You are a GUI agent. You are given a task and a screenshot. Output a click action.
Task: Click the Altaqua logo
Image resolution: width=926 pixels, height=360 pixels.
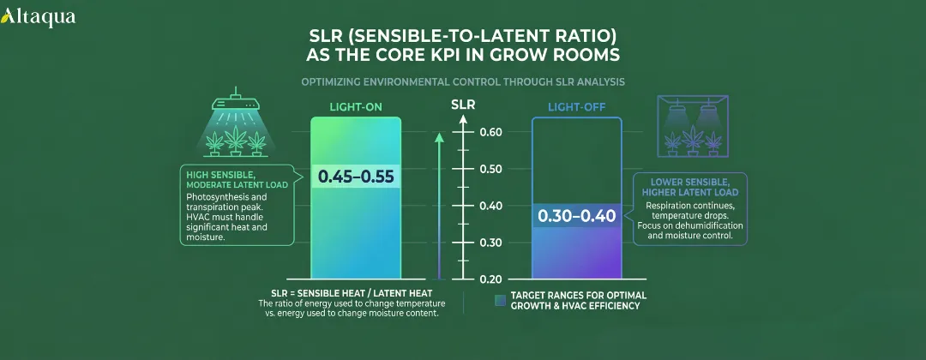pyautogui.click(x=39, y=16)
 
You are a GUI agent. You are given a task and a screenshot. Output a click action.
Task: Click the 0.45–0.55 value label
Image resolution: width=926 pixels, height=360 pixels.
pyautogui.click(x=355, y=177)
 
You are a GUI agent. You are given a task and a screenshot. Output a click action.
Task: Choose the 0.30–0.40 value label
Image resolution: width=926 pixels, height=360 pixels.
pyautogui.click(x=576, y=215)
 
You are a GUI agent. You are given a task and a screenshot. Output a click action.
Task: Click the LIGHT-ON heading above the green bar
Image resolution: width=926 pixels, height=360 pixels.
pyautogui.click(x=356, y=107)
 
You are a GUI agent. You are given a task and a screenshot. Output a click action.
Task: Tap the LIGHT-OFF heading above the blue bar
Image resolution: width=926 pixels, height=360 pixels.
pyautogui.click(x=576, y=107)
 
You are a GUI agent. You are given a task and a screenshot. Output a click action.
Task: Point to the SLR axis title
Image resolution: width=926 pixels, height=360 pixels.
pyautogui.click(x=463, y=105)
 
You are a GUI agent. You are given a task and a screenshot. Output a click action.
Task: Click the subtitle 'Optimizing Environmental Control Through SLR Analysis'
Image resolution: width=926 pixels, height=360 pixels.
pyautogui.click(x=463, y=82)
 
